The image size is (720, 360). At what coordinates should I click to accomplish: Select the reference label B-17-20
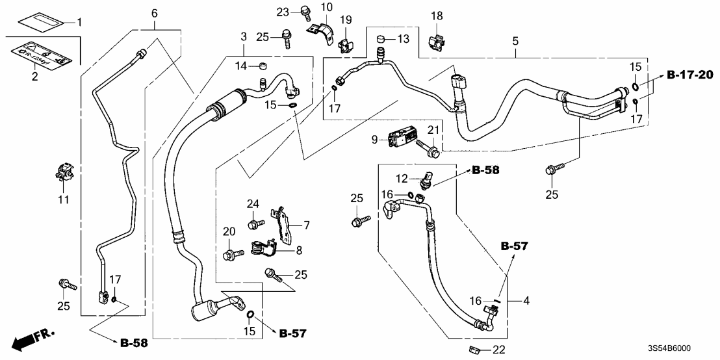coord(691,76)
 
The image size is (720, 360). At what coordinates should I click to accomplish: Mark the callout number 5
coord(514,41)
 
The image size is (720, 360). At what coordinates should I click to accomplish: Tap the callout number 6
coord(154,13)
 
